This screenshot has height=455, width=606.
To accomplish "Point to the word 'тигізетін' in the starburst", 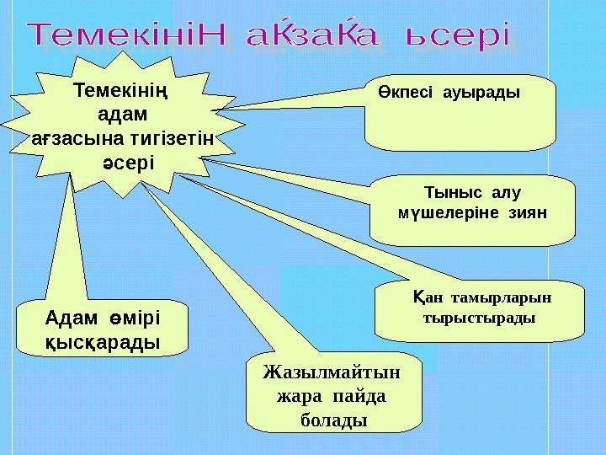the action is coord(169,136).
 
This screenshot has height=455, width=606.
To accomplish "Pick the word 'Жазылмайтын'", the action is coord(332,372).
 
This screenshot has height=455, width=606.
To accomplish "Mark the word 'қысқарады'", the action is coord(103,343).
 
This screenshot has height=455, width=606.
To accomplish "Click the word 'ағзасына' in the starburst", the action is coord(72,136).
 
